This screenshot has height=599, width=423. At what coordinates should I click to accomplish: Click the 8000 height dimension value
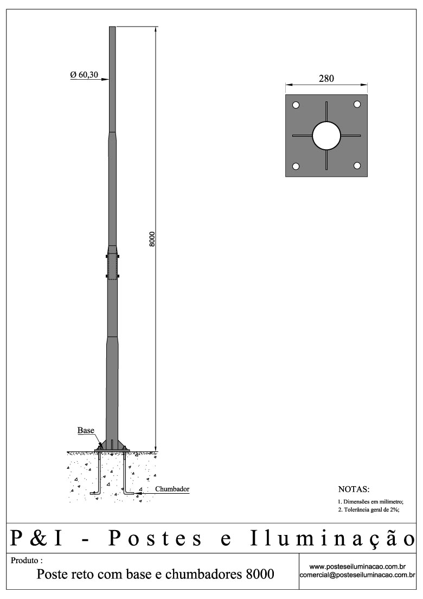(x=153, y=239)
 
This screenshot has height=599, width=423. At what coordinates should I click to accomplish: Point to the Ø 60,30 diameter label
(x=84, y=75)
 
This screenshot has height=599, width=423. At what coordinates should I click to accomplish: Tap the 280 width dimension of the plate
(x=326, y=79)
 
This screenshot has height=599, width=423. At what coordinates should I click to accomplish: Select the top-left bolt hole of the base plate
(x=296, y=105)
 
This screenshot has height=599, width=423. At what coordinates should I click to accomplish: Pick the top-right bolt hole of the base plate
(x=357, y=104)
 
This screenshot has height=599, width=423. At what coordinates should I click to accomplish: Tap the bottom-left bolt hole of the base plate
(x=296, y=166)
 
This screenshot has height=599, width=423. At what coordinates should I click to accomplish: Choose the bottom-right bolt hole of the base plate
(x=357, y=165)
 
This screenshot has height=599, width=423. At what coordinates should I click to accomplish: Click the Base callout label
(x=86, y=430)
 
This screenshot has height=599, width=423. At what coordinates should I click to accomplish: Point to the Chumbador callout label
(x=172, y=489)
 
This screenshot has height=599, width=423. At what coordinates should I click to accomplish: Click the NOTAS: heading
(x=354, y=489)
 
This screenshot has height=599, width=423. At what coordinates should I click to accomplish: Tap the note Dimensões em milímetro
(x=370, y=501)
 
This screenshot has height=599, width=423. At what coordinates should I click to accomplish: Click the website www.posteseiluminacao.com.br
(x=357, y=566)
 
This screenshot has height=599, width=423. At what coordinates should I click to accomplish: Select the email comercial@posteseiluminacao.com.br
(x=357, y=575)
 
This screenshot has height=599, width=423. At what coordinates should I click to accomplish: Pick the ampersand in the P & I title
(x=42, y=538)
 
